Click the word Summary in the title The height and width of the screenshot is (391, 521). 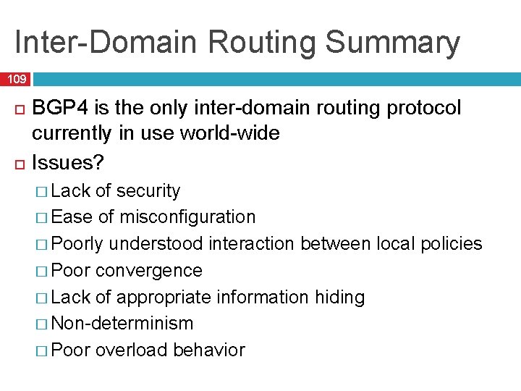[393, 43]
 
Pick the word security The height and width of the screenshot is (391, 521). [148, 191]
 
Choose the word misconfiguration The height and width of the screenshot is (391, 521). [187, 217]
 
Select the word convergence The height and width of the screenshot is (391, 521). [149, 271]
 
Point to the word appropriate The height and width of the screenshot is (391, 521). [166, 298]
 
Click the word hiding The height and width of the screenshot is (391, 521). [340, 298]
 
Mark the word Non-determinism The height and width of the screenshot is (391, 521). [123, 324]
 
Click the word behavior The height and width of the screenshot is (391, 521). [209, 350]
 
